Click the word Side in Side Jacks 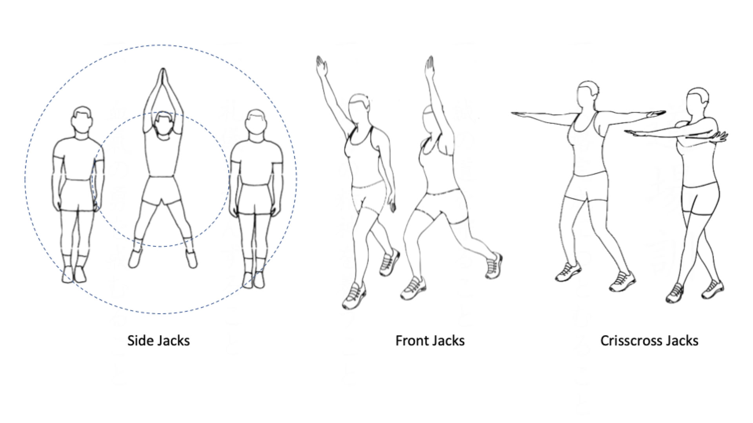coord(140,340)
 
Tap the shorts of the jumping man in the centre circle coord(161,190)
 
